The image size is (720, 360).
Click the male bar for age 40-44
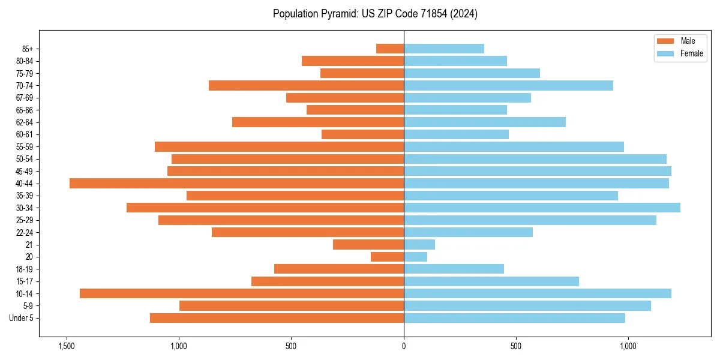(236, 184)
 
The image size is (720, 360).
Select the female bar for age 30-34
(542, 208)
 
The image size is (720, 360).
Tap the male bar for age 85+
(390, 49)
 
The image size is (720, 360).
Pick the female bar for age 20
(415, 257)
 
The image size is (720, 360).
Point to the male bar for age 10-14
(242, 293)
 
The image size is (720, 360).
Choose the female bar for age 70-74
(508, 86)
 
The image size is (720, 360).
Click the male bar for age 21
(368, 245)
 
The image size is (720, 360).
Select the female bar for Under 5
(514, 318)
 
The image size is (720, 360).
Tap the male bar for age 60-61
(362, 134)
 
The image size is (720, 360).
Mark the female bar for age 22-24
(468, 232)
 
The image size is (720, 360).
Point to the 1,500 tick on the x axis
(67, 346)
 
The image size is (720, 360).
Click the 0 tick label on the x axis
(404, 346)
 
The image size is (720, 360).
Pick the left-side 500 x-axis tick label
(291, 346)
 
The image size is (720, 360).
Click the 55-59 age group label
(25, 147)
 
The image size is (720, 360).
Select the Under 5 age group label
(21, 318)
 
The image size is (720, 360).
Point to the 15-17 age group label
(25, 281)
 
